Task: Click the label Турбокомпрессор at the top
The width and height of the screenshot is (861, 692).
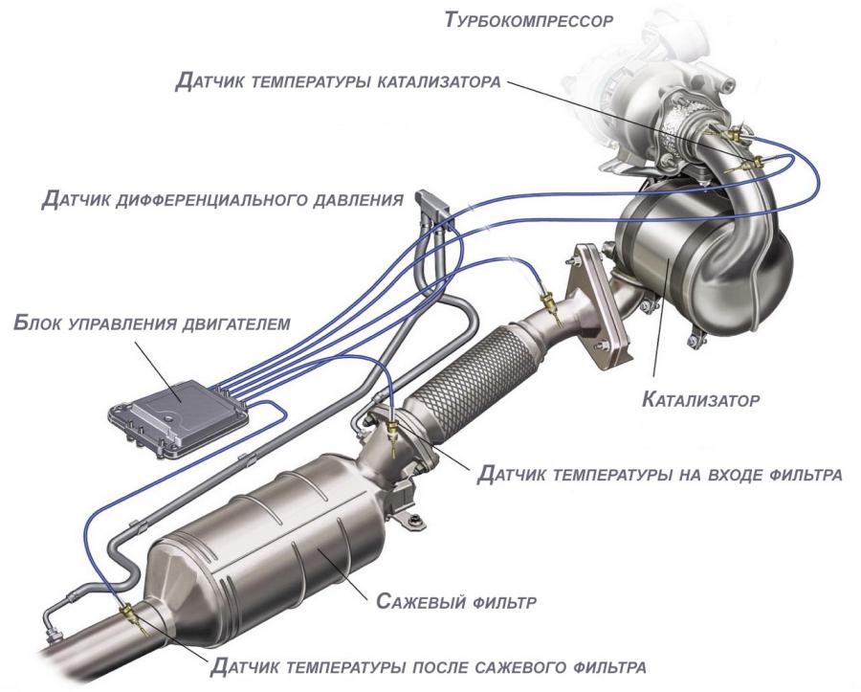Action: tap(529, 20)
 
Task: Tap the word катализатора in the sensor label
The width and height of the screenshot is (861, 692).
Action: tap(439, 81)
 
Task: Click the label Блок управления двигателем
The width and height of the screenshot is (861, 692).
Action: tap(151, 323)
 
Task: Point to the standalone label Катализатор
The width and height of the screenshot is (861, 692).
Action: tap(700, 399)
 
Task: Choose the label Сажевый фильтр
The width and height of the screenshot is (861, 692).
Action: tap(455, 601)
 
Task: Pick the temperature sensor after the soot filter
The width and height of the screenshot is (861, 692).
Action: tap(133, 616)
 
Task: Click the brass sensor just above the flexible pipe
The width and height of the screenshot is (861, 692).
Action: tap(550, 306)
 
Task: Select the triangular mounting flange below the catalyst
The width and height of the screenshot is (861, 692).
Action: tap(597, 307)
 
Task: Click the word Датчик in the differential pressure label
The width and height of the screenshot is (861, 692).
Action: tap(76, 199)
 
